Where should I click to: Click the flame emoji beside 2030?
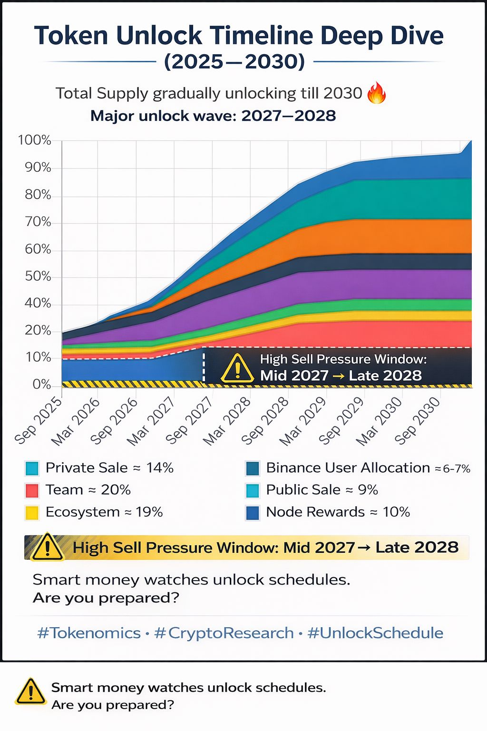pos(377,92)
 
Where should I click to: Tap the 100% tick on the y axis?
pos(34,140)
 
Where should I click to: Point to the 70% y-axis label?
pos(38,222)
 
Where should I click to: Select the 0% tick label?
pos(42,385)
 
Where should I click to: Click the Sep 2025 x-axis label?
pos(39,421)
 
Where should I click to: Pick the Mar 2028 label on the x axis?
pos(227,421)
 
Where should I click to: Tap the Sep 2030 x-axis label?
pos(418,422)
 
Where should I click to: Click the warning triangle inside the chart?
pos(237,369)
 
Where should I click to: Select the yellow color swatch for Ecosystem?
pos(32,513)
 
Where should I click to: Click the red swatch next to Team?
pos(32,490)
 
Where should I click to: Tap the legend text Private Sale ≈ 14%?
pos(109,468)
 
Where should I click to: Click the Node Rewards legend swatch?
pos(253,513)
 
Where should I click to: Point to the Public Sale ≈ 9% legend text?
pos(322,490)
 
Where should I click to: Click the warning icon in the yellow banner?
pos(48,548)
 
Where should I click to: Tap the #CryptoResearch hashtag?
pos(224,633)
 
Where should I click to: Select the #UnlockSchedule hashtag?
pos(375,633)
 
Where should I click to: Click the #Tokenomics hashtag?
pos(89,633)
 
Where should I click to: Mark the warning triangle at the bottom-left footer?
pos(30,692)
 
